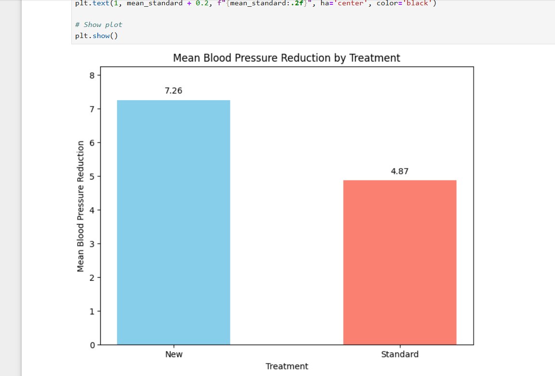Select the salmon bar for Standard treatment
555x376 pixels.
(399, 262)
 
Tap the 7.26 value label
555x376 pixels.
(173, 91)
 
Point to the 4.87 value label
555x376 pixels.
(399, 171)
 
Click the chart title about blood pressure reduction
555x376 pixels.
(286, 58)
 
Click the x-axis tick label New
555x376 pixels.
(173, 355)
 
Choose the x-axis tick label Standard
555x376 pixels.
(399, 355)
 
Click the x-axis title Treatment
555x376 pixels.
(287, 366)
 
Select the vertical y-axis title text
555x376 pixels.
(81, 206)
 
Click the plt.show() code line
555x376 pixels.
(96, 36)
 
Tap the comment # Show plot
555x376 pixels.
(99, 25)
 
